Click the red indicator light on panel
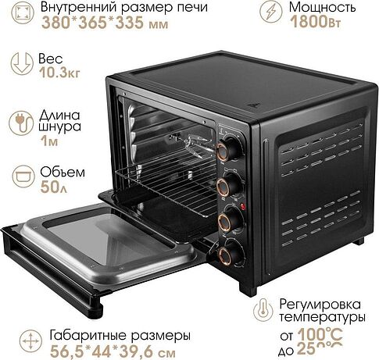point(244,206)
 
